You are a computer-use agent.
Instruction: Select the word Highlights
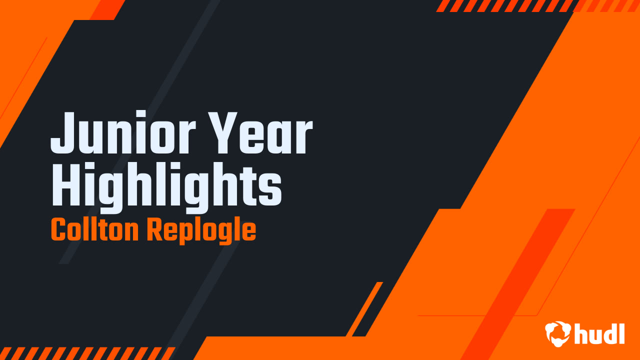pyautogui.click(x=166, y=186)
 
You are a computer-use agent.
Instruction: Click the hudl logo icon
pyautogui.click(x=557, y=333)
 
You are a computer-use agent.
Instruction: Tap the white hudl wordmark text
pyautogui.click(x=599, y=334)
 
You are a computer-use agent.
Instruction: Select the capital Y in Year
pyautogui.click(x=225, y=132)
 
